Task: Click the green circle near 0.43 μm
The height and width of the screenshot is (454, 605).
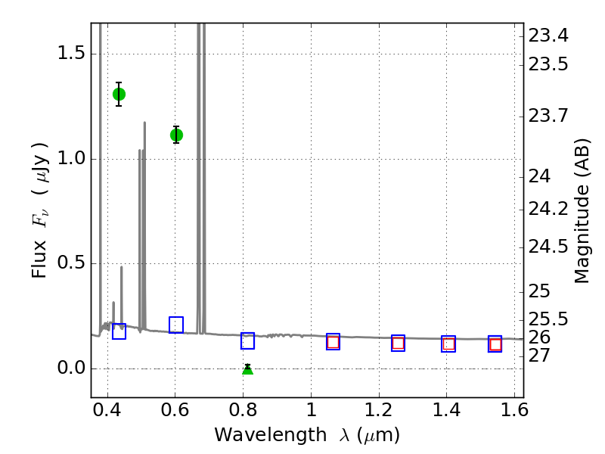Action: point(119,94)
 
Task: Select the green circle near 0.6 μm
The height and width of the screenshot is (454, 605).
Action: point(176,135)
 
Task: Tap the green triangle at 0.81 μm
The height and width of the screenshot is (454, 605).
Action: point(247,369)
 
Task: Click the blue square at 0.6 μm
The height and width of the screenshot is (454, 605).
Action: point(176,325)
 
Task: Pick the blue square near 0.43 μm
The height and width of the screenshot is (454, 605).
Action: point(119,331)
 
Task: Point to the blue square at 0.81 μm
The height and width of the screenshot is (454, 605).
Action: point(247,341)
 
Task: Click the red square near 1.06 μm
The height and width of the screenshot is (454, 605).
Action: point(333,342)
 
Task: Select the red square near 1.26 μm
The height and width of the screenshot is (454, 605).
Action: point(398,344)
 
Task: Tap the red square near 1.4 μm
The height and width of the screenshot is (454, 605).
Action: point(448,344)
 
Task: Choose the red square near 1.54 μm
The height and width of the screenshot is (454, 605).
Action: point(495,345)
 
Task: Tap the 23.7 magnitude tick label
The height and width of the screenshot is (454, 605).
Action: point(549,117)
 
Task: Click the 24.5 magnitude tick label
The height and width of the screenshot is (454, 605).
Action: point(549,247)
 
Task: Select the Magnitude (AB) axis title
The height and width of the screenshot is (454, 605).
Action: point(582,210)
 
